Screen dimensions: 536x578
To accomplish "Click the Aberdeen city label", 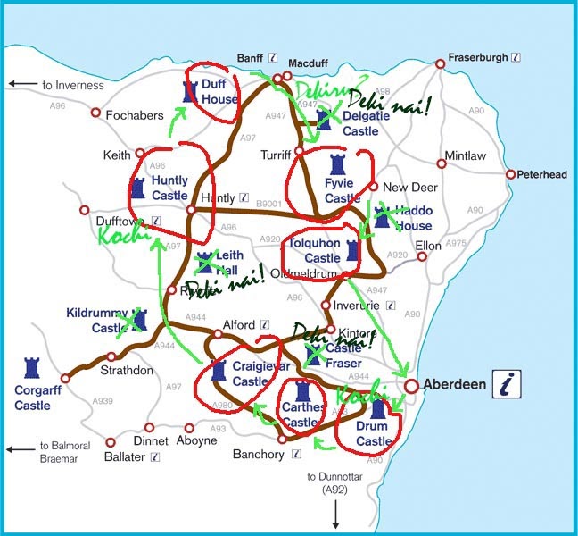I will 454,385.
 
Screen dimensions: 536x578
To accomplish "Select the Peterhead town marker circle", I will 511,175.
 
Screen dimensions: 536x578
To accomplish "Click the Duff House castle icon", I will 189,92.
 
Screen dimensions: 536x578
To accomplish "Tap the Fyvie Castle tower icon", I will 336,165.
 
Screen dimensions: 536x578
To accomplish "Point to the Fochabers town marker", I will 96,113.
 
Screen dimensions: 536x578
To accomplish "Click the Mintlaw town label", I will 466,155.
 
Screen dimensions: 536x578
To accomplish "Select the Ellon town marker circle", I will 423,256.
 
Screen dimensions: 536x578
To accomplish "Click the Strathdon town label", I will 127,369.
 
